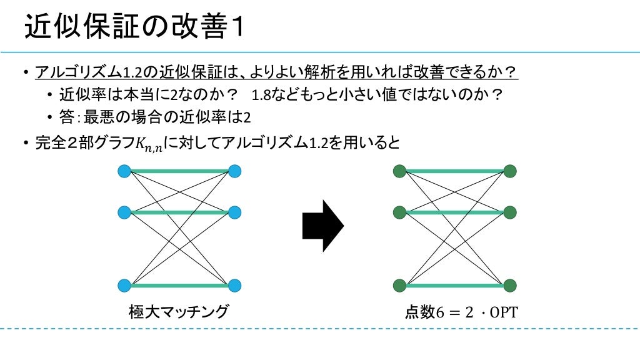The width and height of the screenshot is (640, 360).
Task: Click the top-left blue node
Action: (x=124, y=171)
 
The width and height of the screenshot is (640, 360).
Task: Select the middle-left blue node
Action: (x=124, y=212)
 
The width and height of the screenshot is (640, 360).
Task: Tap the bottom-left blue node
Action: (x=124, y=286)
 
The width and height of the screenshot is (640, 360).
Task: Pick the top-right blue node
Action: (x=235, y=171)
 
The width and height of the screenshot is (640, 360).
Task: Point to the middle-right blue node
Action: (x=235, y=212)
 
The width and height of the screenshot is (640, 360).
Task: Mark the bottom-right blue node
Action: (x=235, y=286)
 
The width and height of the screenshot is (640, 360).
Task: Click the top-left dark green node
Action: (x=399, y=171)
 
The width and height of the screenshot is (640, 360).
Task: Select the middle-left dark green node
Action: (x=399, y=212)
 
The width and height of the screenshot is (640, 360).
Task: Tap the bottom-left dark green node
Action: (x=399, y=286)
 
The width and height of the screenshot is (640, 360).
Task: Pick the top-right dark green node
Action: (x=510, y=171)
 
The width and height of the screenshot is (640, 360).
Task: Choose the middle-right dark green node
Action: (x=510, y=212)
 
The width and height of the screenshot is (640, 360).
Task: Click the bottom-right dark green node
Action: (x=510, y=286)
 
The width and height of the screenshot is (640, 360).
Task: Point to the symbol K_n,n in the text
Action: (x=148, y=145)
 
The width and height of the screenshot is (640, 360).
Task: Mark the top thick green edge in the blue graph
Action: (x=179, y=172)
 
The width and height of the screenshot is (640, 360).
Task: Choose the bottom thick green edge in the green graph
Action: (x=455, y=286)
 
